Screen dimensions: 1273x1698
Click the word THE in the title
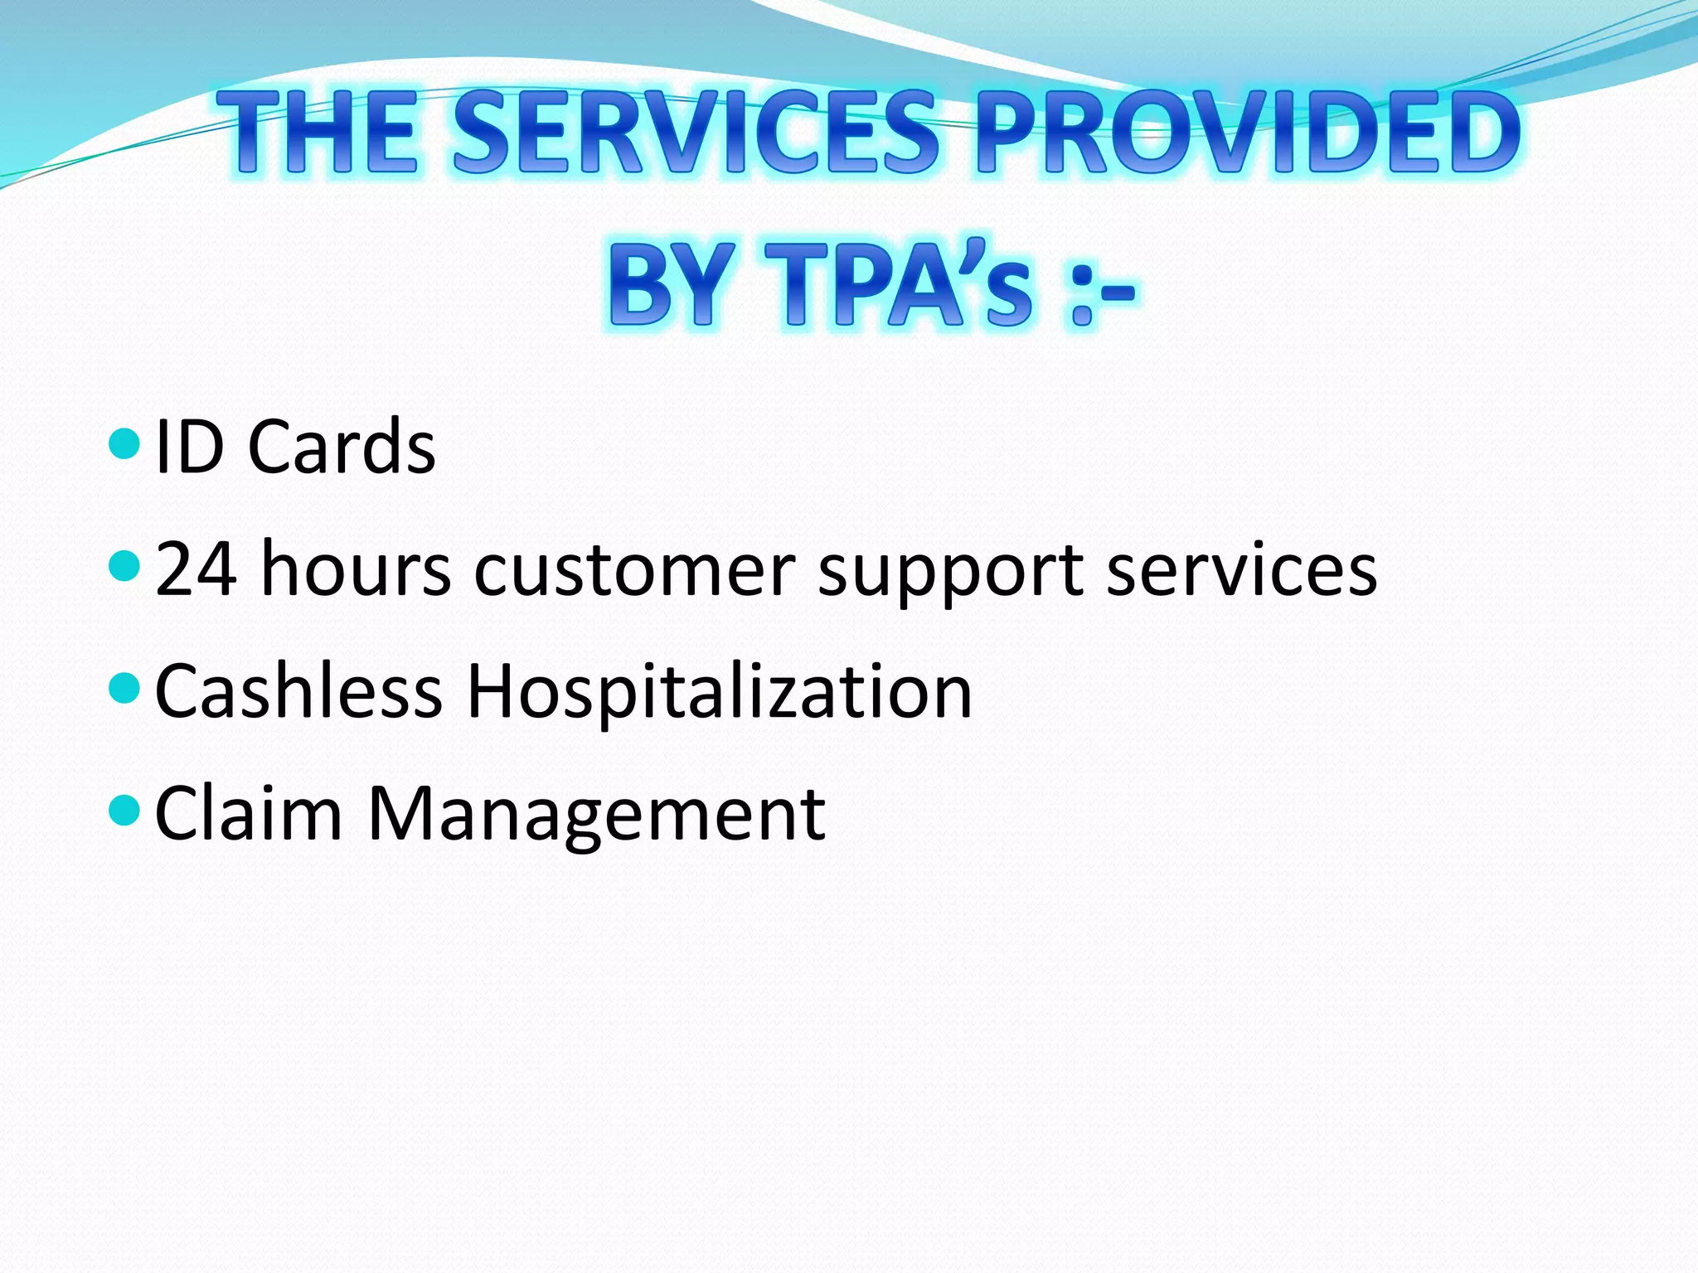318,133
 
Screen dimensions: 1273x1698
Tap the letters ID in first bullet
189,447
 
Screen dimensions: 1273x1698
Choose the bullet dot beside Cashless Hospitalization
124,688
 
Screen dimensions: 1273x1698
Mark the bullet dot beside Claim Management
124,810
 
